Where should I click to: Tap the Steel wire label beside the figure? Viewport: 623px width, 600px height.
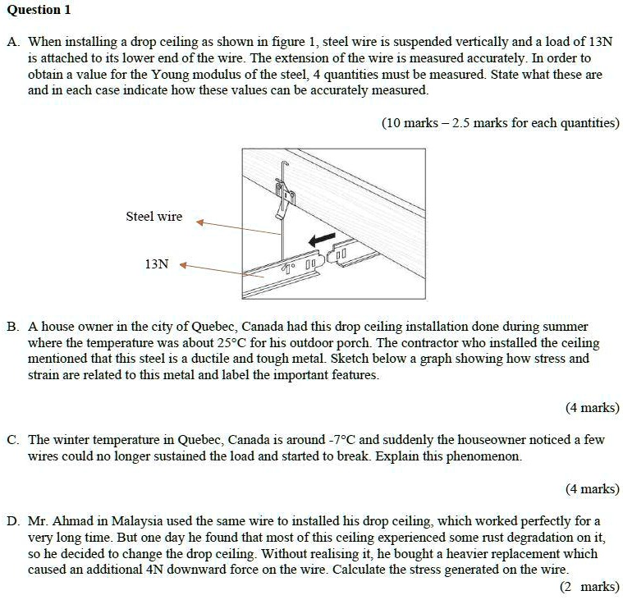tap(153, 217)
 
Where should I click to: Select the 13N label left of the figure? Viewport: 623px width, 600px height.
tap(156, 264)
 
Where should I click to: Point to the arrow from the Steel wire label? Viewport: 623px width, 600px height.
tap(238, 227)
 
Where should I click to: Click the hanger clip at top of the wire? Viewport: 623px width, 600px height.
tap(285, 194)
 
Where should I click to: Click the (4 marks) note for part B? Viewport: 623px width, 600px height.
tap(592, 408)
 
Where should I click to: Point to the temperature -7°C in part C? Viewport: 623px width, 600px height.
tap(338, 440)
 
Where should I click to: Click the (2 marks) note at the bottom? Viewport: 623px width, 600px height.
tap(589, 586)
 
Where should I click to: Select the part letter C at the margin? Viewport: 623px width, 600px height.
tap(12, 440)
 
